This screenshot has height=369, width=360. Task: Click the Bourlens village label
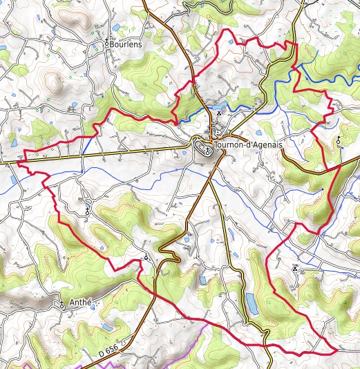126,44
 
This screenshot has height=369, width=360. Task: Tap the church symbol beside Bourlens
106,43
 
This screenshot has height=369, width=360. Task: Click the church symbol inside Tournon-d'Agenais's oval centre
207,146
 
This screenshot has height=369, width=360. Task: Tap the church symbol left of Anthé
61,304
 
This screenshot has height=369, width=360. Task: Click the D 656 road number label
107,352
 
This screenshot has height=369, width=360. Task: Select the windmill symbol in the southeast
295,266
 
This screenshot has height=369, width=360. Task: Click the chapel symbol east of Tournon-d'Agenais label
339,140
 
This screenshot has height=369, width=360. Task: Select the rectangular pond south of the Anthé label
106,326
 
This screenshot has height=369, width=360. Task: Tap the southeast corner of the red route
336,350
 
